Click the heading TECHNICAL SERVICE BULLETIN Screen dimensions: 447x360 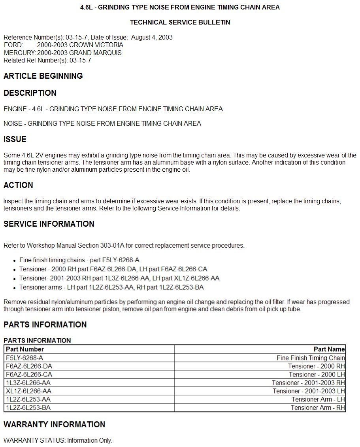(x=180, y=23)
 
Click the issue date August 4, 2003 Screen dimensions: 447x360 (x=152, y=38)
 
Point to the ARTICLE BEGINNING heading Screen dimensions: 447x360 (x=43, y=76)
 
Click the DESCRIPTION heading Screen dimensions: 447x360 (x=30, y=93)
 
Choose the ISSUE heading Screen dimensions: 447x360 (x=15, y=139)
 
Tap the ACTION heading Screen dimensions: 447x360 (x=18, y=185)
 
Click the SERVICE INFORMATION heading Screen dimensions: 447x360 (x=49, y=224)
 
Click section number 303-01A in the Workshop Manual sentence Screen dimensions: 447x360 (x=111, y=246)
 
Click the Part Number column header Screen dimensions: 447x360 (x=25, y=349)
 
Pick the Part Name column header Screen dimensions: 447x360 (x=329, y=349)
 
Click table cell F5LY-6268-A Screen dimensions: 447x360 (x=25, y=358)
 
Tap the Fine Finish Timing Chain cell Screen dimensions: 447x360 (x=311, y=358)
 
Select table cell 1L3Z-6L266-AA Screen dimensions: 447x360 (x=28, y=383)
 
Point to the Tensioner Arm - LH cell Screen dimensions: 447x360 (x=318, y=400)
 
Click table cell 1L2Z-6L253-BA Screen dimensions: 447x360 (x=28, y=408)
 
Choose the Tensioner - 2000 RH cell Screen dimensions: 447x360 (x=316, y=366)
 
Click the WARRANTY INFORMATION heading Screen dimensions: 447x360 (x=55, y=424)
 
